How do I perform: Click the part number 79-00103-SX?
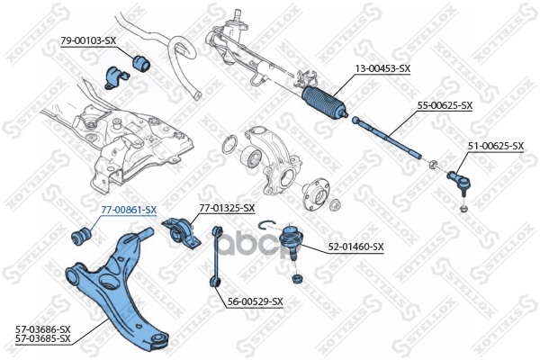(88, 40)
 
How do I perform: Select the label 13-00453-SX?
(382, 68)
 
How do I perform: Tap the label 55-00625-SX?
(445, 105)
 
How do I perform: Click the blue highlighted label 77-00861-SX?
(128, 209)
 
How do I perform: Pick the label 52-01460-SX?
(355, 246)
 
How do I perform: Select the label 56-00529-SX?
(255, 301)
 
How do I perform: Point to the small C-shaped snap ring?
(265, 226)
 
